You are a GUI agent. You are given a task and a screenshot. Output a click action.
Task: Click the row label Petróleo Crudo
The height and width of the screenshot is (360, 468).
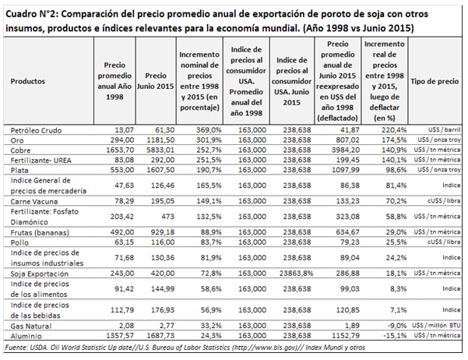pos(35,128)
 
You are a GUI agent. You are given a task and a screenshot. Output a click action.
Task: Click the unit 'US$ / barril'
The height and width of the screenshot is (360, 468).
pos(443,128)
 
